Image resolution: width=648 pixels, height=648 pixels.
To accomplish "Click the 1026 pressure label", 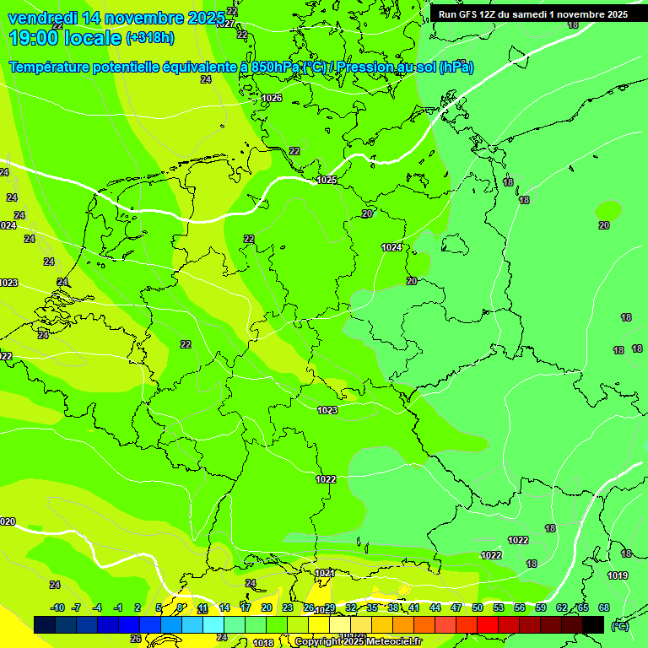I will pos(272,99).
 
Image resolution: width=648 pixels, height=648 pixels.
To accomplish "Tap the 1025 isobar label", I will pos(327,180).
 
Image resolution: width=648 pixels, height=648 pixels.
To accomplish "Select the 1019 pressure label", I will pos(618,575).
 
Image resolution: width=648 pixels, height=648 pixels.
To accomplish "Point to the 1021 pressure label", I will pos(324,573).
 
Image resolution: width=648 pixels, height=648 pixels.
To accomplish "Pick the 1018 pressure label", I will pos(263,643).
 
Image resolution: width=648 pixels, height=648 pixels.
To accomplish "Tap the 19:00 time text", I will pos(34,38).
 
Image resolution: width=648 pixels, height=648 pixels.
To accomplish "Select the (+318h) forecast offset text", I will pos(150,38).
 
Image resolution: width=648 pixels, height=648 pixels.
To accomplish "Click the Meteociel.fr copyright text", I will pos(358,642).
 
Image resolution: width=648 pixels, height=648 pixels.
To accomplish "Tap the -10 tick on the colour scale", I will pos(57,607).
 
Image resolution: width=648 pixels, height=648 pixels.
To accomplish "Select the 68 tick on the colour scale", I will pos(604,607).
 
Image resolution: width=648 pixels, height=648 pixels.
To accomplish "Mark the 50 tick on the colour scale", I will pos(478,607).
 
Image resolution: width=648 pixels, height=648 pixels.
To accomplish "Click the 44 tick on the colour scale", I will pos(435,607).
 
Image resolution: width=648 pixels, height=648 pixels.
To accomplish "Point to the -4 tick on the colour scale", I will pos(96,607).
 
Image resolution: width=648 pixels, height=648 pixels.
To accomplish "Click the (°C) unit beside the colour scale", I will pos(620,625).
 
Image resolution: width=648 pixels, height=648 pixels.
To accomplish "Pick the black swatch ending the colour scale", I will pos(593,624).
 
